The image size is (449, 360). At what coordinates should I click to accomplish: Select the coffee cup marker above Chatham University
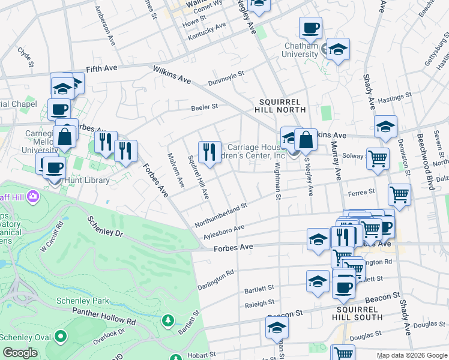pyautogui.click(x=310, y=28)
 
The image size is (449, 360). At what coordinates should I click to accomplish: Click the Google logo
pyautogui.click(x=20, y=353)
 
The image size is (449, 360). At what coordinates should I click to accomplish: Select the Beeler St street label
pyautogui.click(x=204, y=107)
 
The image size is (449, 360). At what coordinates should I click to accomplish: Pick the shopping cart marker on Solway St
pyautogui.click(x=378, y=159)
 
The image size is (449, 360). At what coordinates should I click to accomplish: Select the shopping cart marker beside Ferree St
pyautogui.click(x=399, y=194)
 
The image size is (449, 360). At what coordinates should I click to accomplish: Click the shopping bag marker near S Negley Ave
pyautogui.click(x=306, y=139)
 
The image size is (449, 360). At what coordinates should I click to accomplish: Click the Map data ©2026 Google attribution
pyautogui.click(x=412, y=355)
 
